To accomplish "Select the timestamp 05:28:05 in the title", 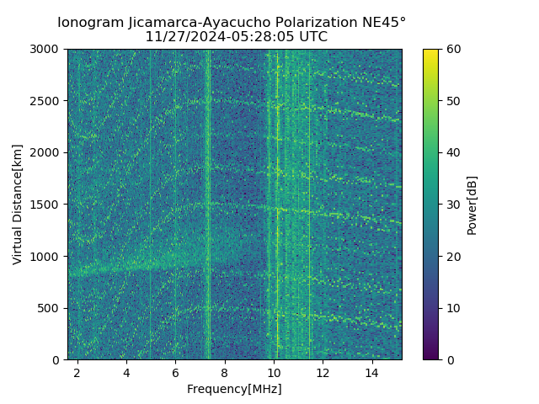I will (268, 37).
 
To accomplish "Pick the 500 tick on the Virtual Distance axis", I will (51, 308).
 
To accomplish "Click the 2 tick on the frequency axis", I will (77, 372).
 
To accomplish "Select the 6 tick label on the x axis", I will (175, 372).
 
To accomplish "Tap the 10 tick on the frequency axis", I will (274, 372).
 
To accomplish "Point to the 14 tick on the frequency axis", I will (371, 372).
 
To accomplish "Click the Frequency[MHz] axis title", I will (234, 389).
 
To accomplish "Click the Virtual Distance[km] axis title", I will (18, 205).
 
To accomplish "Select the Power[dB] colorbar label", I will (472, 205).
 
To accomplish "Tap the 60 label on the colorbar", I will (453, 49).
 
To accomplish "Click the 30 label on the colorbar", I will (453, 205).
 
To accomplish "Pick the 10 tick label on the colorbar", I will (453, 308).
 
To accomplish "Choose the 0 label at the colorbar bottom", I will (450, 359).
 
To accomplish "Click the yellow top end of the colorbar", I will (430, 52).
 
